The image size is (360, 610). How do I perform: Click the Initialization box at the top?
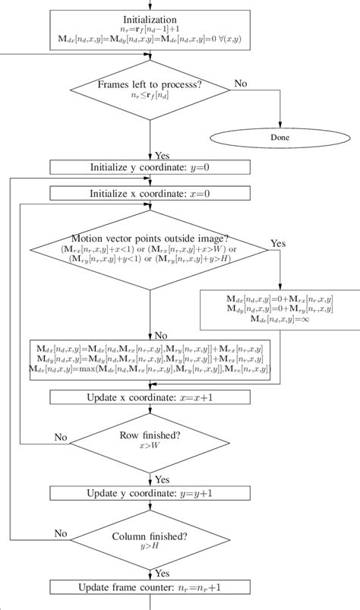(x=149, y=27)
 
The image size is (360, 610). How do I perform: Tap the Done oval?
(x=280, y=137)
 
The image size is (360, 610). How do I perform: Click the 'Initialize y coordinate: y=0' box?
(x=149, y=167)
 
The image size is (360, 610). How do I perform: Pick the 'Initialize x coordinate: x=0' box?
(x=149, y=194)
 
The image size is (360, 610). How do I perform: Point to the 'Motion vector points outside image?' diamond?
(x=149, y=250)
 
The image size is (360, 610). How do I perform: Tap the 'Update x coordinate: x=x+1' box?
(x=149, y=397)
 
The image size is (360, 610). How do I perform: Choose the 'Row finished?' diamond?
(x=149, y=441)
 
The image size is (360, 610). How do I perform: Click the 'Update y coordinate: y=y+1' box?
(x=149, y=494)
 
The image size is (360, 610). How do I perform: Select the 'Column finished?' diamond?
(x=149, y=539)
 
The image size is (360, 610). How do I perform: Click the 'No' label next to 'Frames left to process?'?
(x=240, y=82)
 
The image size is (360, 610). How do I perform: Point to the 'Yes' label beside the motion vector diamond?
(x=278, y=245)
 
